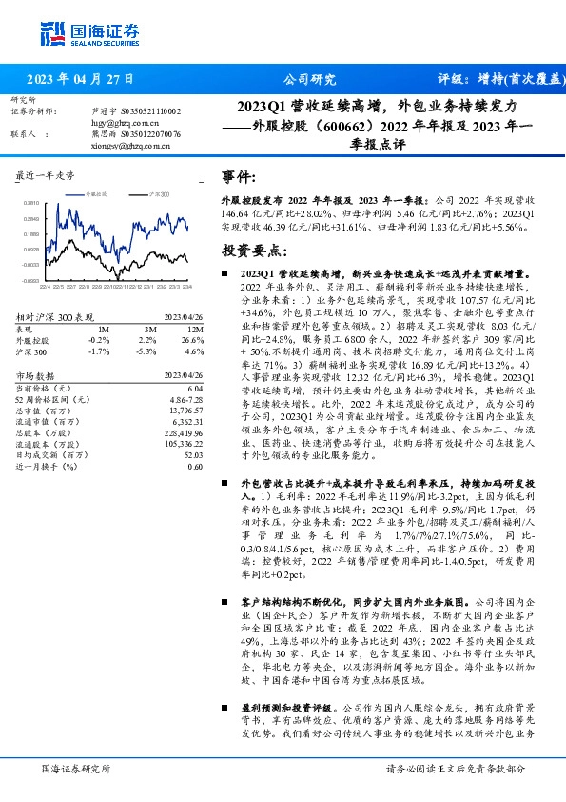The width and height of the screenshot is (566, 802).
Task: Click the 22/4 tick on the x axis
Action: click(45, 285)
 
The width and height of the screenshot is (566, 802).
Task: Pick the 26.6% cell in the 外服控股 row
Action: click(194, 339)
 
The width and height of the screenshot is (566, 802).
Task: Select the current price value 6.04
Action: click(196, 389)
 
